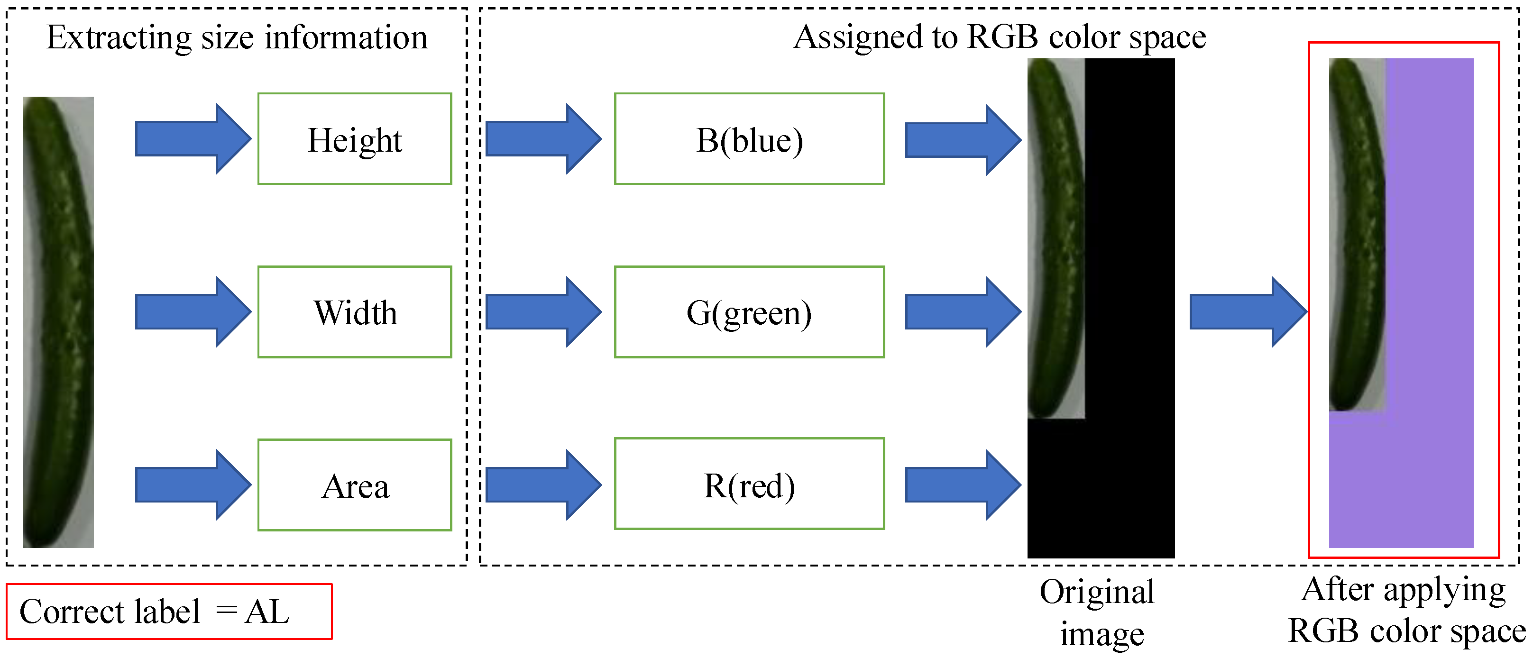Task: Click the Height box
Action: click(x=355, y=139)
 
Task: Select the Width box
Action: click(x=355, y=312)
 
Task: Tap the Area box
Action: click(x=355, y=485)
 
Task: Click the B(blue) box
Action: click(x=749, y=139)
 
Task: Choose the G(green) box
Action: click(x=749, y=312)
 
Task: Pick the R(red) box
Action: click(x=749, y=484)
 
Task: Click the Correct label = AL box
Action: click(x=169, y=612)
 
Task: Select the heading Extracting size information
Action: click(x=237, y=37)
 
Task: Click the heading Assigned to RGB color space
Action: click(x=999, y=37)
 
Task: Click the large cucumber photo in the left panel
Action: click(x=58, y=321)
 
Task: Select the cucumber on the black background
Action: click(x=1055, y=238)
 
